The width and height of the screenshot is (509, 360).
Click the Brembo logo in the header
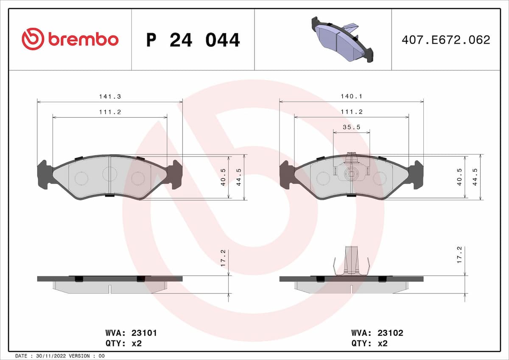[70, 39]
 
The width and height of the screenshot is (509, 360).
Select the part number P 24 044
[193, 40]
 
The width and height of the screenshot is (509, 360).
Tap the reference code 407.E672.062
[445, 40]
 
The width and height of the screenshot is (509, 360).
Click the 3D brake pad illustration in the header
[342, 39]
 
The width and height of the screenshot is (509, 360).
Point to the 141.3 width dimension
[110, 97]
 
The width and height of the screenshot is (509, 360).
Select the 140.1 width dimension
[352, 97]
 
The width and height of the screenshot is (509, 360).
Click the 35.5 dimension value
[351, 127]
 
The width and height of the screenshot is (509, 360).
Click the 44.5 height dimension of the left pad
[240, 177]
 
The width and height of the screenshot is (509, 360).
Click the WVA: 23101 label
[131, 333]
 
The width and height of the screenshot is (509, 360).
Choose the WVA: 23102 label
[377, 333]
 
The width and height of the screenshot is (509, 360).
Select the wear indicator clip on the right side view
[351, 261]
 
